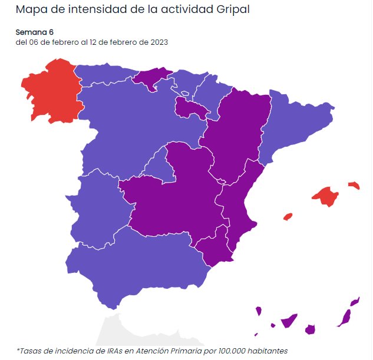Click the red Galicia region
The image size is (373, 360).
50,91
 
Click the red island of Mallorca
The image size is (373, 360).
325,196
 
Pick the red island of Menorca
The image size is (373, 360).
354,185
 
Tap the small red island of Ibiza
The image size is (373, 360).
288,217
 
